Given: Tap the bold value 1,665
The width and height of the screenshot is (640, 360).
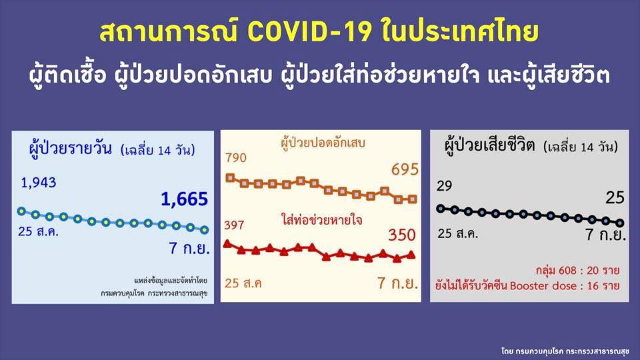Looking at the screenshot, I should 184,199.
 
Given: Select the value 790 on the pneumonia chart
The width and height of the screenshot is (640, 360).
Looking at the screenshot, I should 236,158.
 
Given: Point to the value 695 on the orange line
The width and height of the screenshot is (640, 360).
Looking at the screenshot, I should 405,169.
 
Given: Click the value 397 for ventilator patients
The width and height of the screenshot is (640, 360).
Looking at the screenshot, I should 234,225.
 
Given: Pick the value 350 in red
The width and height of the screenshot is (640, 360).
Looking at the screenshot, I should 402,235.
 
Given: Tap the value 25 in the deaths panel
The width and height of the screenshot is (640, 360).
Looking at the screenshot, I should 615,197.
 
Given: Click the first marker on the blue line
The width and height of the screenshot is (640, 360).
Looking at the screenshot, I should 21,211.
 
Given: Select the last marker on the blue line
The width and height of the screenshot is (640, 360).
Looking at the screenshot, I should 204,230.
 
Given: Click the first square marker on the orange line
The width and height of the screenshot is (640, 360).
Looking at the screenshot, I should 231,178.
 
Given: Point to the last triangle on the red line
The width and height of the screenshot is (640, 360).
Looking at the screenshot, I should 411,254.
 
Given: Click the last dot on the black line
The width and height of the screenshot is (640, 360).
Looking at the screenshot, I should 620,223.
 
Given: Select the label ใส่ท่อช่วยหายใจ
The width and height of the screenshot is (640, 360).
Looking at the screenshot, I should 321,219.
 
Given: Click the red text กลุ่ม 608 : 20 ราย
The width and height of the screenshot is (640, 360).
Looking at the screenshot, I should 577,271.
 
